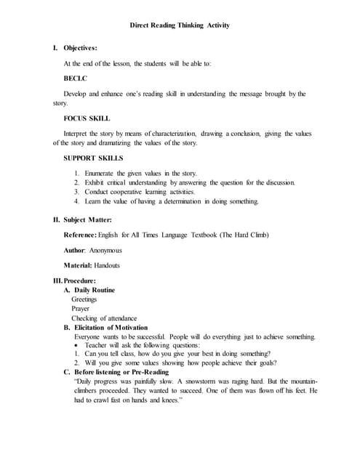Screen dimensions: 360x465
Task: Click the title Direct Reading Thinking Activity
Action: pos(180,25)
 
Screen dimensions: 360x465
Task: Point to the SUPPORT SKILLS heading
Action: pos(94,158)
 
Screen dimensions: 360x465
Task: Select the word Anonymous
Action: pos(105,251)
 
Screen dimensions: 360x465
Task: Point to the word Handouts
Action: pos(105,266)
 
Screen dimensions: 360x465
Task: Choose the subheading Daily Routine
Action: pos(97,290)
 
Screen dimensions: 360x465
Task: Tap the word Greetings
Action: pos(84,299)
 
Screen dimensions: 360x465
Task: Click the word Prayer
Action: pos(81,309)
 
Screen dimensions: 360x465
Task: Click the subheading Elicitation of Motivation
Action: pos(116,328)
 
